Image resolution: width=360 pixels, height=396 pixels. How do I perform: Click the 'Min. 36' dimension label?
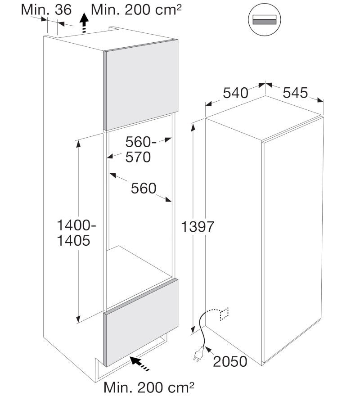46,10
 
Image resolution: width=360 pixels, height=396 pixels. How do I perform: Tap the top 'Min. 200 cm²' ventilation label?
136,10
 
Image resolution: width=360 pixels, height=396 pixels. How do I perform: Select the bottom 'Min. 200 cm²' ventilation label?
149,387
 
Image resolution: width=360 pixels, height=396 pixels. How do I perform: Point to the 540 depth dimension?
235,93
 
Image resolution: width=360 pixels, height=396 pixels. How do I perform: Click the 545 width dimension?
295,93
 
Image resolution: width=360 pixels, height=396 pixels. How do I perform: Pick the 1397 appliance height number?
198,226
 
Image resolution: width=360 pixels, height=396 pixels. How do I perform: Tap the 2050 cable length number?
230,361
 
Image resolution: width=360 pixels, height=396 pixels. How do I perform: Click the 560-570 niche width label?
141,149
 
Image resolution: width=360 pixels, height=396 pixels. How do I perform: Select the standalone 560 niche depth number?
144,189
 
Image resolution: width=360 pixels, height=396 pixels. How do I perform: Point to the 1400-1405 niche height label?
76,233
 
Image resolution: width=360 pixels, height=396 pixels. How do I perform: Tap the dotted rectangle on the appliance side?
225,314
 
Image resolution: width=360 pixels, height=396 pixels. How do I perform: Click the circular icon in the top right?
265,19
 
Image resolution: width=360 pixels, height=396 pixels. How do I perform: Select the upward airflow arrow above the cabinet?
84,23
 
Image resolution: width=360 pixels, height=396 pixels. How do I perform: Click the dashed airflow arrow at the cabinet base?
139,363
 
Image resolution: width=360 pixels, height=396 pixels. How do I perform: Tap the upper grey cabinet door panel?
141,85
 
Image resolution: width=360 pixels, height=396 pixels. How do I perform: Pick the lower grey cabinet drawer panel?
141,323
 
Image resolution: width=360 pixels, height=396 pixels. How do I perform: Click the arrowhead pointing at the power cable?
208,350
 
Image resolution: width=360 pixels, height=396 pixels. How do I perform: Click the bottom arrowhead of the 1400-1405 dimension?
78,319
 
